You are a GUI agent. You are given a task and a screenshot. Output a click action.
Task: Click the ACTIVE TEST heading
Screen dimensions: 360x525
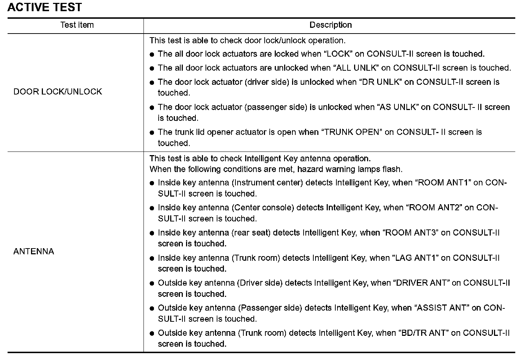[x=44, y=7]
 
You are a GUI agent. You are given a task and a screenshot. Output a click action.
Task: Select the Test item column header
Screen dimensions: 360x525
[x=77, y=25]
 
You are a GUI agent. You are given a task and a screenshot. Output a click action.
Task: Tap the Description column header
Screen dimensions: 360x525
[x=330, y=25]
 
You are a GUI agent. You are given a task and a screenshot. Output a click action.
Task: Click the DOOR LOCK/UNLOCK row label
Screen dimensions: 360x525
[x=58, y=92]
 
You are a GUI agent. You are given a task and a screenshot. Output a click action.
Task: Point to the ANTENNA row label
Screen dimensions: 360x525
[x=34, y=251]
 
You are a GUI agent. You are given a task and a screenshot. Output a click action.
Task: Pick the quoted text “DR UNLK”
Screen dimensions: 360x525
[x=381, y=82]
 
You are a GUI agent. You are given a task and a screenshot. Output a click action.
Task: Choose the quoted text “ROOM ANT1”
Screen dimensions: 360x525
[x=444, y=183]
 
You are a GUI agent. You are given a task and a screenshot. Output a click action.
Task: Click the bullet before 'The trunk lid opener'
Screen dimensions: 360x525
[x=152, y=133]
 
